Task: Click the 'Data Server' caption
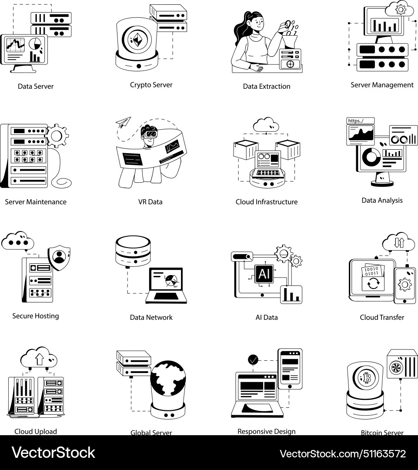(36, 86)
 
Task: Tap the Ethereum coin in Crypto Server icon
(137, 40)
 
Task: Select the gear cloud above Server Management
(397, 9)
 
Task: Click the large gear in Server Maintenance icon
(57, 136)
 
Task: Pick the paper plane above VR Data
(124, 122)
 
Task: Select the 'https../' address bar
(360, 121)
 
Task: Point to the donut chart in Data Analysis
(371, 155)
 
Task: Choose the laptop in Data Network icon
(167, 285)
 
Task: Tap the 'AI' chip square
(264, 273)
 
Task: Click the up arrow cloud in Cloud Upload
(39, 358)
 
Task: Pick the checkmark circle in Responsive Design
(253, 360)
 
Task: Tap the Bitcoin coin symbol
(367, 378)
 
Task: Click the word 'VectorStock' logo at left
(53, 453)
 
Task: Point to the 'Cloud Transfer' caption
(382, 317)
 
